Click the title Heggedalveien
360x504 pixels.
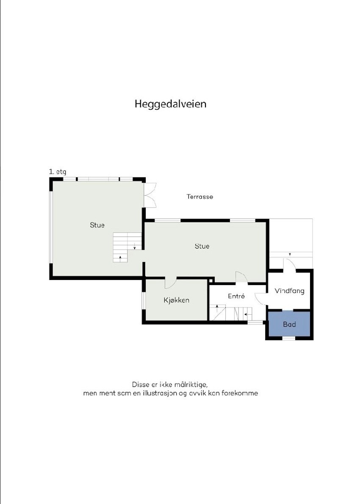(x=170, y=104)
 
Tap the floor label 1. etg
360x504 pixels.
(x=58, y=172)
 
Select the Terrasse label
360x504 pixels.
(x=199, y=197)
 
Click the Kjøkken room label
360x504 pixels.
(x=176, y=300)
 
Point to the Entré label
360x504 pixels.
(x=236, y=296)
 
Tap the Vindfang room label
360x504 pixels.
(x=289, y=291)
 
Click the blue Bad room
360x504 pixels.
(x=289, y=324)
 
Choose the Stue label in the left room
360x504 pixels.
(x=97, y=225)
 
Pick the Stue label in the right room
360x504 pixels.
(x=202, y=246)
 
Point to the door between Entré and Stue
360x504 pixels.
(x=241, y=277)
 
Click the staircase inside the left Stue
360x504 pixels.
(x=126, y=246)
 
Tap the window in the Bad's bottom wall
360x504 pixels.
(x=289, y=338)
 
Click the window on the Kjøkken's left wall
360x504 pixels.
(x=143, y=300)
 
